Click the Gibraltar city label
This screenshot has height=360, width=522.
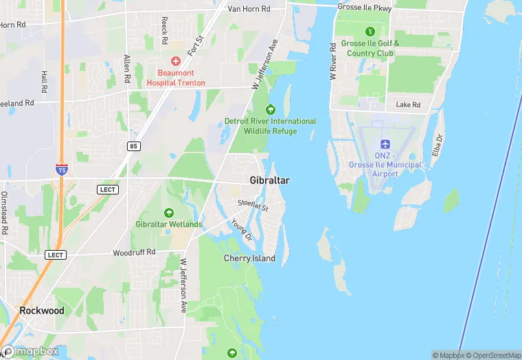269,180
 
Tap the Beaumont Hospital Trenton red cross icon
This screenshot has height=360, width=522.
176,60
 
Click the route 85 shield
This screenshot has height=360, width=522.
133,146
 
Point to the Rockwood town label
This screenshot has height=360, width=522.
41,311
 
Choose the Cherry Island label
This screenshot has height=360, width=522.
249,258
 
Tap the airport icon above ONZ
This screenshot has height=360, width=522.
385,144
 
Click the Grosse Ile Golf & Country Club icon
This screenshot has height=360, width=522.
371,31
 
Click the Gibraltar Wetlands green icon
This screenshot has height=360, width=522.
169,212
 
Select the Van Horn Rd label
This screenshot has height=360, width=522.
249,9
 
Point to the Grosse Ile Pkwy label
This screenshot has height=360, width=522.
365,7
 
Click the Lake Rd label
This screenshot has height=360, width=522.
408,105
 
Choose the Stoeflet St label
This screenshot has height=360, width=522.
253,204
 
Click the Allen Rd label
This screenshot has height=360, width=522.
126,69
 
